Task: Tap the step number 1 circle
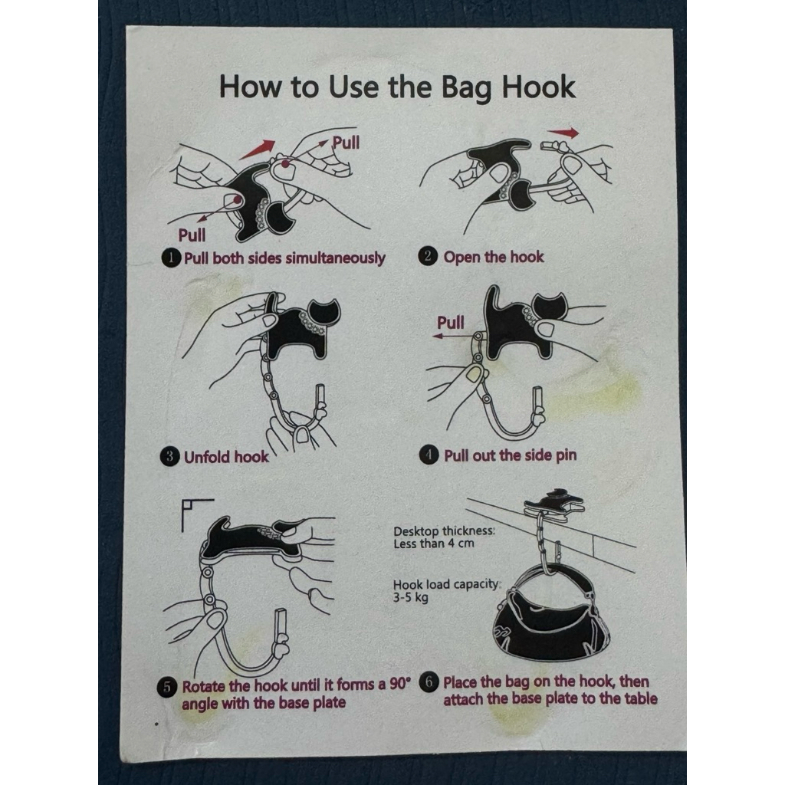171,258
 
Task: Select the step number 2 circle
428,256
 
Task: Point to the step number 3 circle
169,457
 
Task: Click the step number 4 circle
429,455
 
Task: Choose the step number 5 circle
166,687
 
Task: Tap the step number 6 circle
429,682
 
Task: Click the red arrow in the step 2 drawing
563,133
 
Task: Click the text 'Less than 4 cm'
434,544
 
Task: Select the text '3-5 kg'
411,597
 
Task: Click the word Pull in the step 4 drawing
451,323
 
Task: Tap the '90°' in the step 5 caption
399,684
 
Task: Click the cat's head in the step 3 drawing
324,313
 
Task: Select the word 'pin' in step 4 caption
565,455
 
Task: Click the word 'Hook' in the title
538,87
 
